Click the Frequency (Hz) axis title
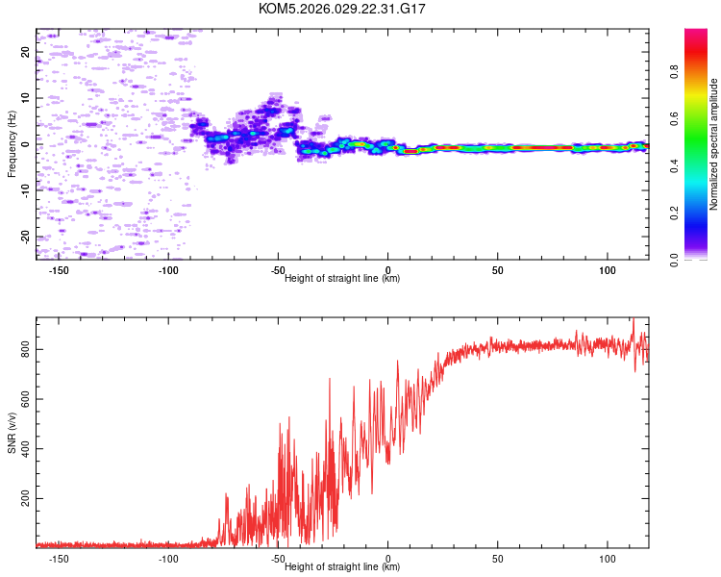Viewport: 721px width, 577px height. click(x=12, y=144)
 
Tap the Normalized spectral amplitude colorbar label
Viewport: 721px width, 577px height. click(x=713, y=144)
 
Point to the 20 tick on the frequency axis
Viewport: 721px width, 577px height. click(x=26, y=52)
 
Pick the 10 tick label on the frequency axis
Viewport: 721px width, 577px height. click(x=26, y=98)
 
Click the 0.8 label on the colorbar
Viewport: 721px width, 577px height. click(x=702, y=72)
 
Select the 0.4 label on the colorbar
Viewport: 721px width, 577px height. click(x=702, y=165)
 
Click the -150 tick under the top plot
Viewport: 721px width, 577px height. click(x=59, y=269)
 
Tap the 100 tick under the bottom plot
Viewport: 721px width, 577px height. click(x=608, y=558)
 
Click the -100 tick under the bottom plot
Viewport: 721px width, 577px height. click(x=168, y=558)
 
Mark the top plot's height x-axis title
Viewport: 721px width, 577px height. click(x=342, y=278)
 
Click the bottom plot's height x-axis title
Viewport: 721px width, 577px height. click(x=342, y=566)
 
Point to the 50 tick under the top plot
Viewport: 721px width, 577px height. click(x=498, y=269)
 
